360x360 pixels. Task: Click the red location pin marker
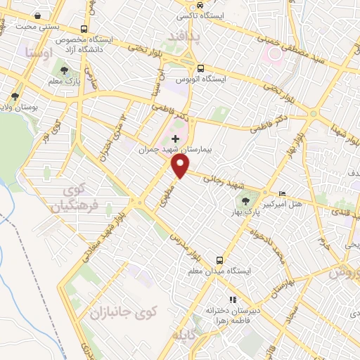(x=181, y=165)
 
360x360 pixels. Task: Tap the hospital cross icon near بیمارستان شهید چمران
(x=175, y=139)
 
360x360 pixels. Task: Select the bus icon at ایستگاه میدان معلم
(x=220, y=260)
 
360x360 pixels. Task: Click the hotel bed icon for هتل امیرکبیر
(x=283, y=194)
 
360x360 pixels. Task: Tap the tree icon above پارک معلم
(x=65, y=70)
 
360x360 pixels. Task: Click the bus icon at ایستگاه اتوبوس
(x=200, y=68)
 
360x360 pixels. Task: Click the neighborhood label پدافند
(x=184, y=34)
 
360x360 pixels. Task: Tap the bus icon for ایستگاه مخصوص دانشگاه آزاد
(x=84, y=30)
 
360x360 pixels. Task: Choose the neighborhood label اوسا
(x=37, y=51)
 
